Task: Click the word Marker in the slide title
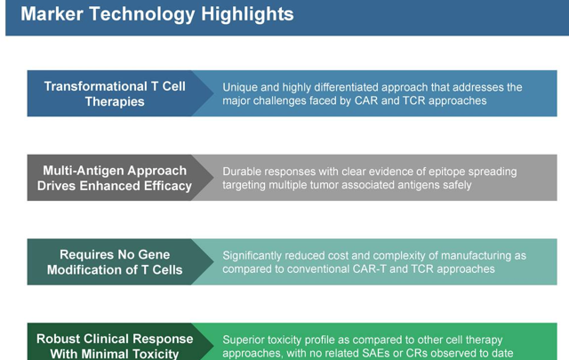(x=52, y=14)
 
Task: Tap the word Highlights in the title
(x=247, y=14)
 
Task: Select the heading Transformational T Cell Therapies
(x=115, y=93)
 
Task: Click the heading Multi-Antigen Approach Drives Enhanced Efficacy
(x=115, y=178)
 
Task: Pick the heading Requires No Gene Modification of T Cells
(x=115, y=262)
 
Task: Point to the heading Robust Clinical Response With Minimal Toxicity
(x=115, y=346)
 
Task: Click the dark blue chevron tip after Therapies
(x=213, y=93)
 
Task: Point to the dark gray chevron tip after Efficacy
(x=213, y=178)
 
